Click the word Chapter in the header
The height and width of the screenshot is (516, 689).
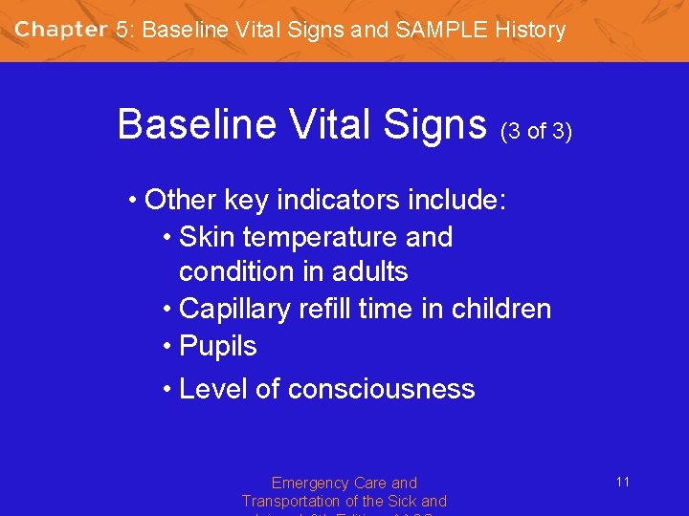click(60, 30)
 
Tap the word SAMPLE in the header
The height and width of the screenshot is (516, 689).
click(439, 30)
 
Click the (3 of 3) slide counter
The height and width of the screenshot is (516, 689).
click(536, 132)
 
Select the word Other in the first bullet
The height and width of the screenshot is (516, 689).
click(180, 201)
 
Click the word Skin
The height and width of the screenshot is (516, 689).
click(206, 237)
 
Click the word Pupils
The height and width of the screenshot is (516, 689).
click(218, 346)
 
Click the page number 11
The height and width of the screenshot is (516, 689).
click(622, 482)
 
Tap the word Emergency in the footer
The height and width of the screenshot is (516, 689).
click(306, 484)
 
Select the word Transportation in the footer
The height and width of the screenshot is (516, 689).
click(292, 501)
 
